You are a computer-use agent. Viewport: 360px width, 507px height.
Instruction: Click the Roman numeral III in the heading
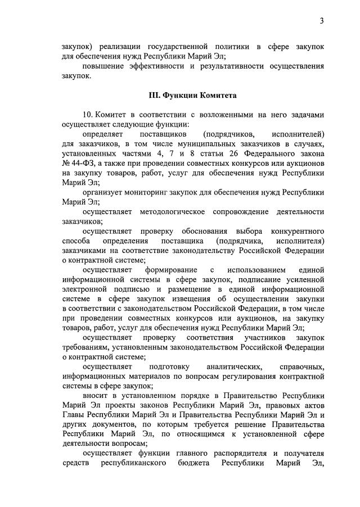pyautogui.click(x=154, y=95)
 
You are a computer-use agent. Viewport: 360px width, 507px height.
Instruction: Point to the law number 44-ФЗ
pyautogui.click(x=81, y=163)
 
